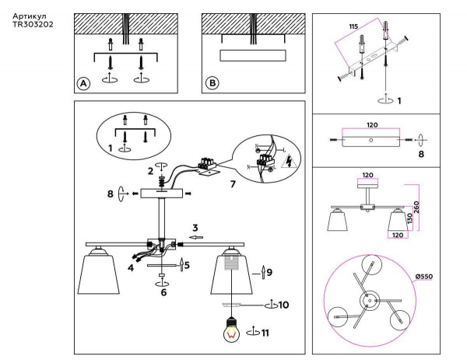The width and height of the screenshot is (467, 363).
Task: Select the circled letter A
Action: [83, 83]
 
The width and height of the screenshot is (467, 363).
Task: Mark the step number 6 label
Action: [163, 293]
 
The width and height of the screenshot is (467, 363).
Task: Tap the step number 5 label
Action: [187, 265]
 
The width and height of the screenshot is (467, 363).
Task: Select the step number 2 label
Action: [151, 170]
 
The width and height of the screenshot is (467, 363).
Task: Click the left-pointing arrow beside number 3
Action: [197, 237]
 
